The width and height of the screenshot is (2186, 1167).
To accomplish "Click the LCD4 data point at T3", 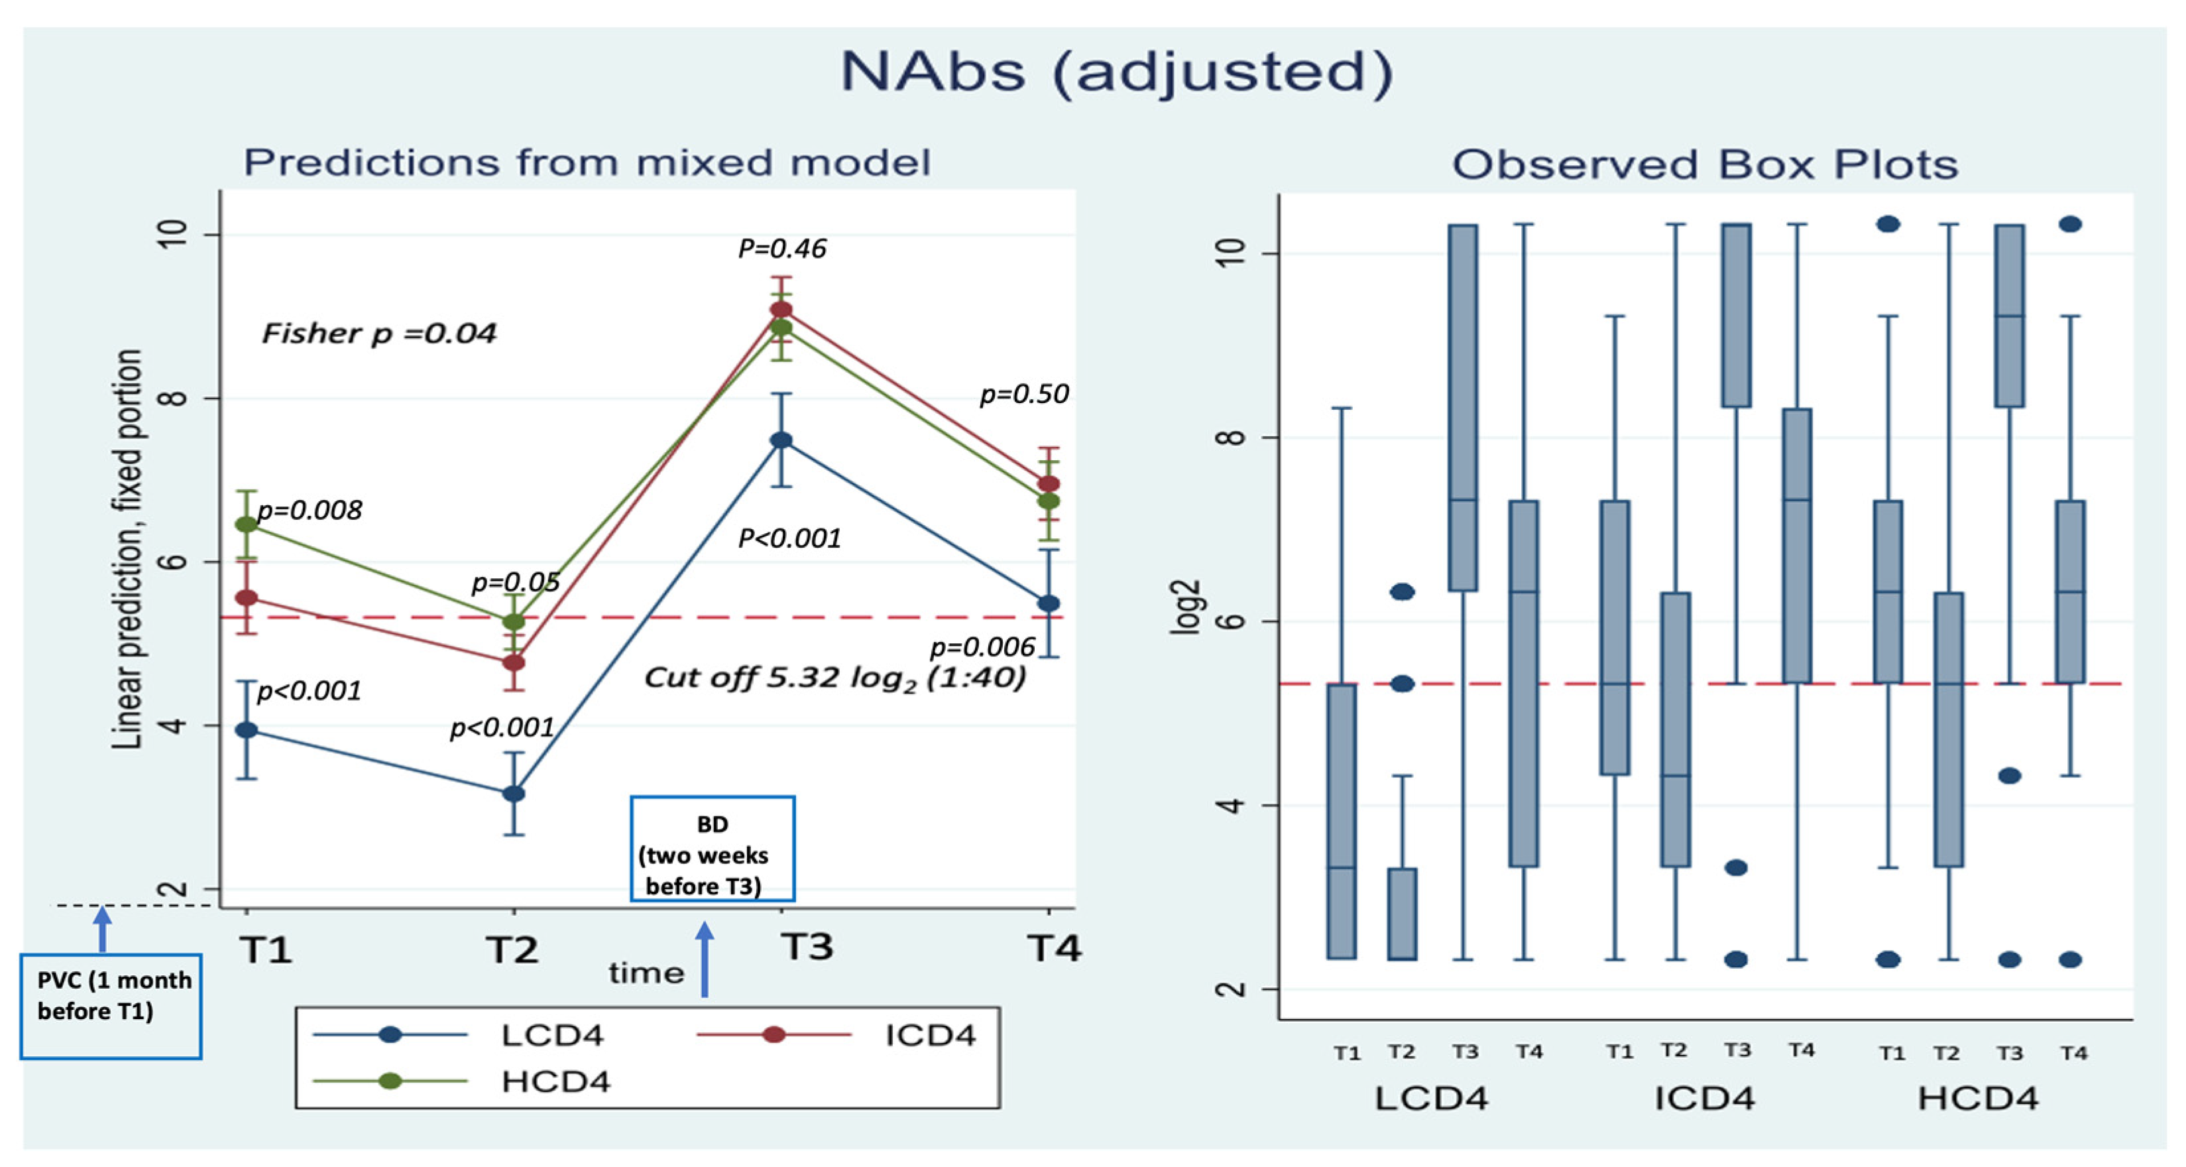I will point(781,440).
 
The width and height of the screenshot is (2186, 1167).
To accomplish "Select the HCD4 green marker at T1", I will point(246,524).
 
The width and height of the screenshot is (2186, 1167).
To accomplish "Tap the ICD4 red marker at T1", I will point(246,598).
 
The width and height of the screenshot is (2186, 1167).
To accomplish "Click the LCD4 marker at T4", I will point(1049,603).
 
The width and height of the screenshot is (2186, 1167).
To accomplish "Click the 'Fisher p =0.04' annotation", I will point(378,334).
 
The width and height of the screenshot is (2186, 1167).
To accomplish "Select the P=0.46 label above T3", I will point(781,249).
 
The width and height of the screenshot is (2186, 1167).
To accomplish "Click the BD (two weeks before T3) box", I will point(711,849).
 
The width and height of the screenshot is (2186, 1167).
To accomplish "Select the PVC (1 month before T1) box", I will point(111,1007).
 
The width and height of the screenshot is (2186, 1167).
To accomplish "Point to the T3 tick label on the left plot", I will point(806,947).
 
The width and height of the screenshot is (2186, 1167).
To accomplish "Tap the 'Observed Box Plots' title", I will point(1705,164).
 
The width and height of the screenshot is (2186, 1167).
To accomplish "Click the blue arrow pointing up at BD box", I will point(705,959).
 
